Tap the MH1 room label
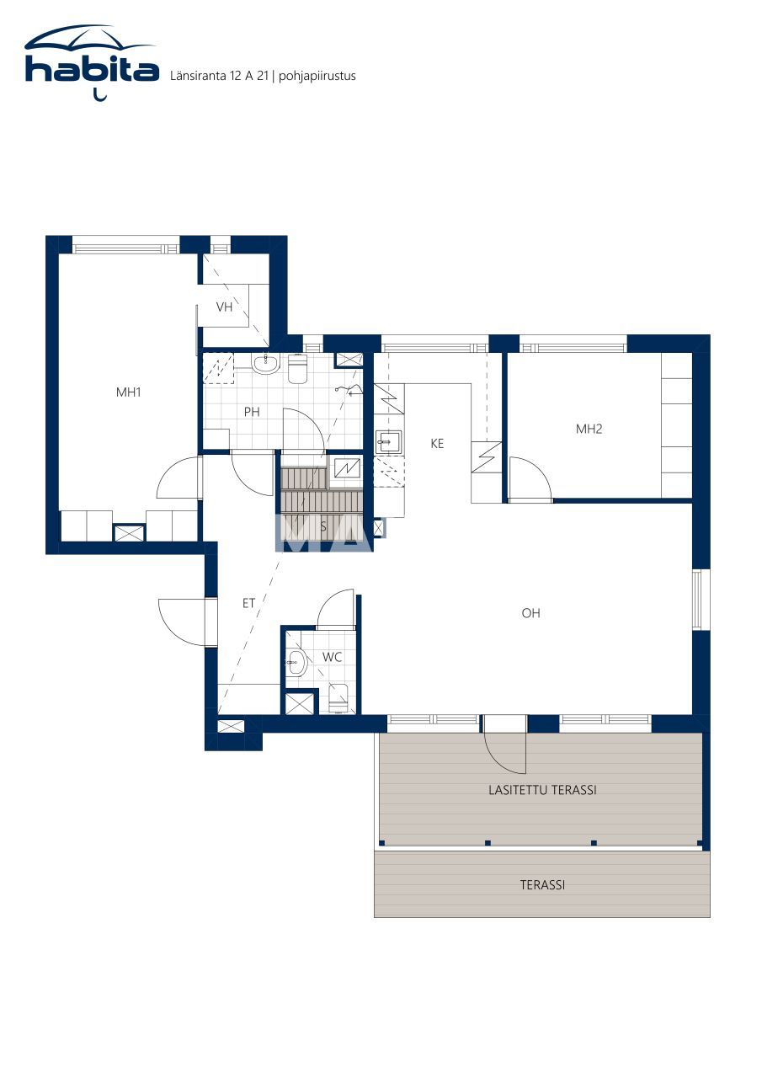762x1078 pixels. tap(128, 392)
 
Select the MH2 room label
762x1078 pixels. tap(589, 429)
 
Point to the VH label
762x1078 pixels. tap(224, 307)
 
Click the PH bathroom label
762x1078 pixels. tap(252, 412)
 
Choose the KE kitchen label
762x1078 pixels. tap(437, 443)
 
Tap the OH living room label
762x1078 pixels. tap(530, 613)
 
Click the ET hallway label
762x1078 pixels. tap(249, 603)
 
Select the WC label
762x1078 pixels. tap(332, 657)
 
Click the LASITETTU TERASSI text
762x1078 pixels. tap(542, 790)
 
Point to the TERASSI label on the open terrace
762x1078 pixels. tap(542, 885)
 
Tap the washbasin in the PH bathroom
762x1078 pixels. tap(265, 364)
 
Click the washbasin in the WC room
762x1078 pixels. tap(296, 663)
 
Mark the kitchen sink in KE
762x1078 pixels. tap(388, 440)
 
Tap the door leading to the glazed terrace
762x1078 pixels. tap(505, 745)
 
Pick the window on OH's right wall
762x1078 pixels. tap(697, 600)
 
